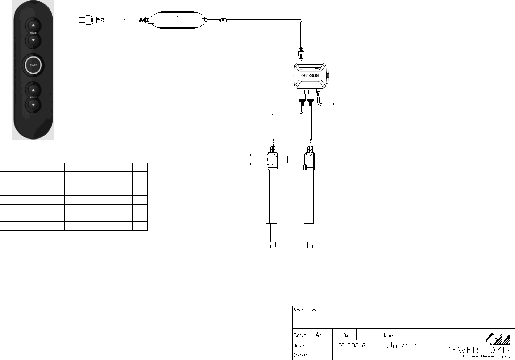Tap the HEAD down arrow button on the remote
pos(33,40)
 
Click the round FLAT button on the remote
pos(33,65)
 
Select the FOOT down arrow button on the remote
pos(33,105)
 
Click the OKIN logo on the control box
pos(310,75)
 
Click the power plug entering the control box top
pos(301,53)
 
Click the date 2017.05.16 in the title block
pos(352,345)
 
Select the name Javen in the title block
pos(402,346)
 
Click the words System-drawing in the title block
pos(308,310)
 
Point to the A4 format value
pos(319,335)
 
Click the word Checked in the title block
pos(300,355)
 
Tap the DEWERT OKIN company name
pos(478,350)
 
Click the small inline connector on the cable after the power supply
pos(223,20)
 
